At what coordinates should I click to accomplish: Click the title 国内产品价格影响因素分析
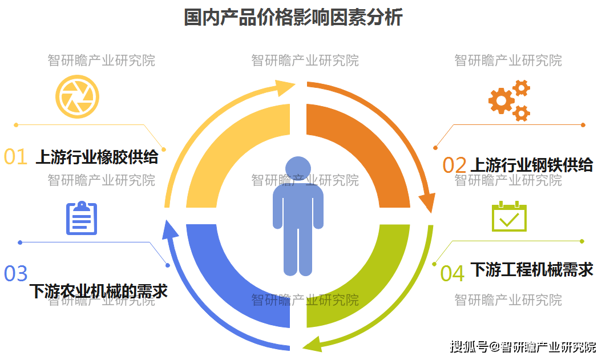(x=293, y=18)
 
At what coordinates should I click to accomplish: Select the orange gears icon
(x=508, y=101)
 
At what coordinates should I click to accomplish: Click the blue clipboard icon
(x=82, y=219)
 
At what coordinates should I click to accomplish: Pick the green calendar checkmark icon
(x=509, y=216)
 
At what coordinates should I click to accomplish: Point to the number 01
(x=15, y=157)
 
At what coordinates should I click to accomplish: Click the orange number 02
(x=455, y=165)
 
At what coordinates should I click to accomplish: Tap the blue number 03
(x=15, y=274)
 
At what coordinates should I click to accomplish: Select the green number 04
(x=452, y=274)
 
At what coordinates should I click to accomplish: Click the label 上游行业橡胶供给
(x=97, y=156)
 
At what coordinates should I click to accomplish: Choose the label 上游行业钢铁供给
(x=531, y=165)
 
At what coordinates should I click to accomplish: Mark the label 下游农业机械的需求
(x=98, y=291)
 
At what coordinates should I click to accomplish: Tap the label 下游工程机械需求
(x=531, y=269)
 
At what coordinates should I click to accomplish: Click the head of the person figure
(x=298, y=169)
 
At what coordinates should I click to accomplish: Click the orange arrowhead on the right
(x=427, y=203)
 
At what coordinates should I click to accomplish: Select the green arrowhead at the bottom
(x=312, y=343)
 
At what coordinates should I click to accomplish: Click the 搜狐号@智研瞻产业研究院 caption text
(x=523, y=346)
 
